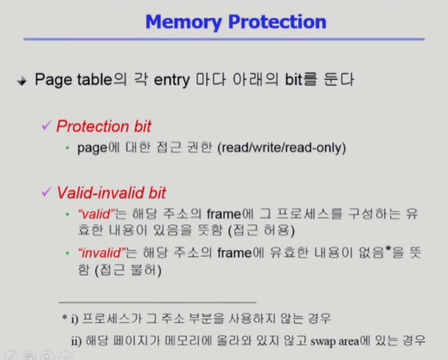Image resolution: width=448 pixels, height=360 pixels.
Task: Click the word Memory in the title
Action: [183, 22]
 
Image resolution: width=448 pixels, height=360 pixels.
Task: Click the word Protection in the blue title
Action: [277, 21]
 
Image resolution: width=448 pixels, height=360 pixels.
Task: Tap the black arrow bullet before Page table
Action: [21, 81]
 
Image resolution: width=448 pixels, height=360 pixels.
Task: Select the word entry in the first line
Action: [172, 80]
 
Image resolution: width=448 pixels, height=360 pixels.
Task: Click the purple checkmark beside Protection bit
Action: [47, 125]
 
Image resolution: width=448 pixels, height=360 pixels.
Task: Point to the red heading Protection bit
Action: [104, 126]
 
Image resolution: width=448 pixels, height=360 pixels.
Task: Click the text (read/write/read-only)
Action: [282, 148]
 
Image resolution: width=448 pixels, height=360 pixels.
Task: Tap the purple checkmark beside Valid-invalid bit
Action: [47, 192]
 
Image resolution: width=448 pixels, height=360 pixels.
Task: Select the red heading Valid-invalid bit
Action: [111, 193]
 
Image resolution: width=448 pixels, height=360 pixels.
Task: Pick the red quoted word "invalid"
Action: [102, 253]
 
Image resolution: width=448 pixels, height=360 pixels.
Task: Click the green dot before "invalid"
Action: [68, 253]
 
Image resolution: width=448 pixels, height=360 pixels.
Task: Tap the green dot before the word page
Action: [68, 148]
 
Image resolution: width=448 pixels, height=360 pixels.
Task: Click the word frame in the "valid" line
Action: [224, 214]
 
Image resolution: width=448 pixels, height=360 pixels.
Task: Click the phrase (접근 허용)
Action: [262, 230]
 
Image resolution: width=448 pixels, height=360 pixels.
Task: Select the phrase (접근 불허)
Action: [128, 270]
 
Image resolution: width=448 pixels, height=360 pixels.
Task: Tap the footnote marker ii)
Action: [76, 342]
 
